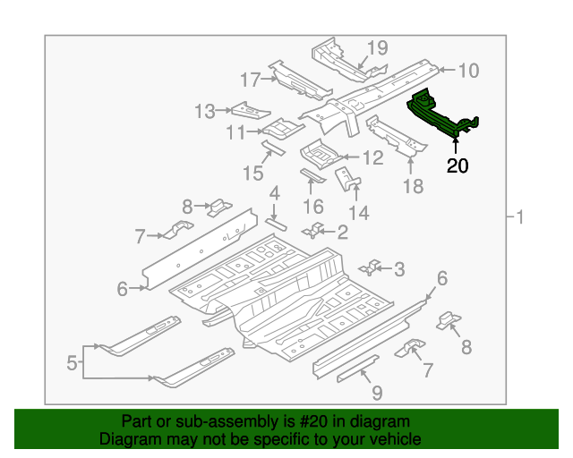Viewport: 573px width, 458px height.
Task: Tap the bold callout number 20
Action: pos(458,165)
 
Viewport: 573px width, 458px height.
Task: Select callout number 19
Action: pos(377,47)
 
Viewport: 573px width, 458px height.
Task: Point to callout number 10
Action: pos(468,70)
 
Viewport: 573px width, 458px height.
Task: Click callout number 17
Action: pos(251,80)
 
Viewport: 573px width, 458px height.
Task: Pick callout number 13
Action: pos(205,112)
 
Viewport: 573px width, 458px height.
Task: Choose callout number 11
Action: pos(236,132)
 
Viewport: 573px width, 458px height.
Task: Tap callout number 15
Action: pos(252,174)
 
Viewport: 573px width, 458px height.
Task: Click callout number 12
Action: pos(372,157)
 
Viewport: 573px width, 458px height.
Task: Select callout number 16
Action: pos(313,207)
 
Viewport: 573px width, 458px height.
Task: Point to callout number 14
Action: pos(359,213)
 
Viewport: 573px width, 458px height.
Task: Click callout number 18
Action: pos(414,186)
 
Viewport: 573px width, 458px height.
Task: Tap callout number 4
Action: pos(275,193)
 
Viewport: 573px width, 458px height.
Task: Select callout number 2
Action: pos(342,233)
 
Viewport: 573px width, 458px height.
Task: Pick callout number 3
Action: pos(399,269)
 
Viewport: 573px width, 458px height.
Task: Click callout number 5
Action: pos(72,363)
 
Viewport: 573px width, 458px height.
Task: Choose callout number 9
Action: pos(377,393)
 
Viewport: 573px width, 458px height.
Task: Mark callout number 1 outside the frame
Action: pos(519,217)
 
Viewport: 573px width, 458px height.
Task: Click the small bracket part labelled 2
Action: pos(312,230)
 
